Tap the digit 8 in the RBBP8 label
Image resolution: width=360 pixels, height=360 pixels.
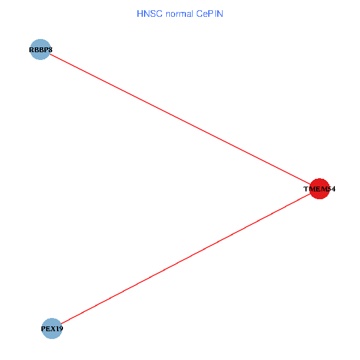click(50, 50)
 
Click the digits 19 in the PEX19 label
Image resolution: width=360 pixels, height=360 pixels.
click(59, 329)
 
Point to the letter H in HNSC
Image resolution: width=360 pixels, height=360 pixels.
click(140, 13)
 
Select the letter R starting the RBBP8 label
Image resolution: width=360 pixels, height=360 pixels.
click(31, 50)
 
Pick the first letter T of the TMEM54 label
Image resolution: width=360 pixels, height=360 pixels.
click(306, 189)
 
